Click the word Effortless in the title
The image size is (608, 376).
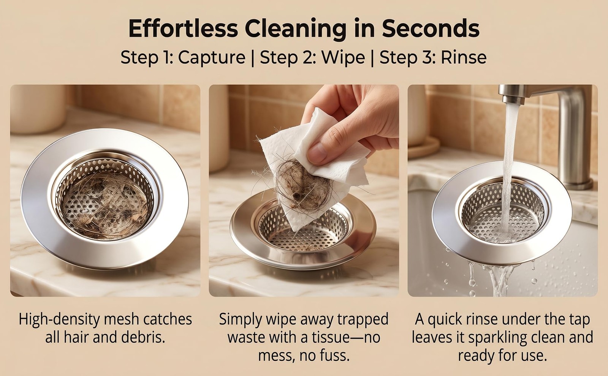(183, 28)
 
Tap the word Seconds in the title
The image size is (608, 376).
(431, 28)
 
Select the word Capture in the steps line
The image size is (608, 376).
(212, 57)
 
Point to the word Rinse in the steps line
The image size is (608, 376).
(463, 57)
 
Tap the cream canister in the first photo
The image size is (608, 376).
(38, 109)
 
